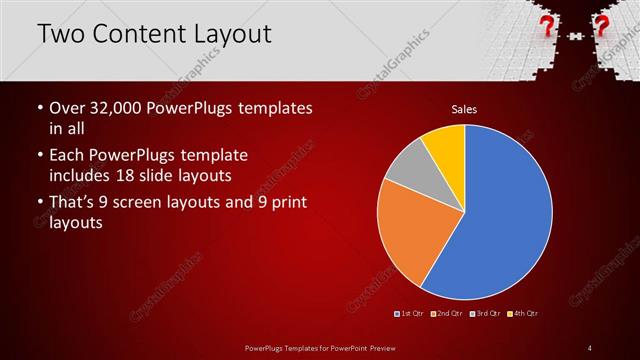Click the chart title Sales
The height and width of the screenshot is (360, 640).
pyautogui.click(x=464, y=108)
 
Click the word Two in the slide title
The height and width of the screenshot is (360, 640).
pyautogui.click(x=61, y=34)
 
